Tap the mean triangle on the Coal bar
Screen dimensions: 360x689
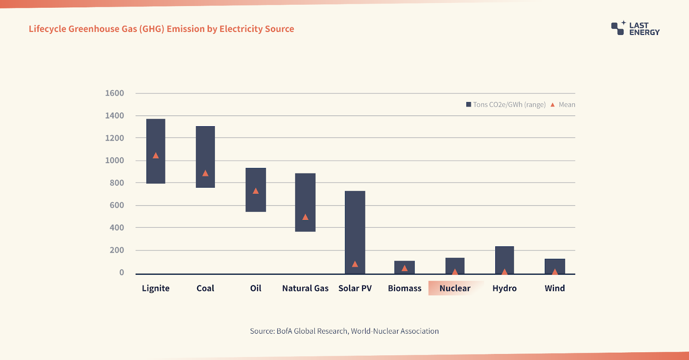point(205,173)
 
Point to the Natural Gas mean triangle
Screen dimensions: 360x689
point(305,217)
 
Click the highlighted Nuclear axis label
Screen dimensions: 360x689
point(455,288)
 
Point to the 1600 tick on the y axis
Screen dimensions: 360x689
point(115,93)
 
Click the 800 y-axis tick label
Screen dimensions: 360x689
point(117,183)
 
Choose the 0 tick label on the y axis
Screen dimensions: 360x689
point(121,272)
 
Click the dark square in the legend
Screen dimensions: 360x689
point(469,105)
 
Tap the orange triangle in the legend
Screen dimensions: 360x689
point(552,105)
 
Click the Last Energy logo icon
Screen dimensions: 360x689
point(618,28)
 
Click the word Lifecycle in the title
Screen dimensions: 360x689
point(47,29)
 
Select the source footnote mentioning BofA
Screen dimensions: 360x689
point(344,331)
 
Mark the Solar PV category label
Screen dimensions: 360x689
point(355,288)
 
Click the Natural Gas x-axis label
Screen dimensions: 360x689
point(305,288)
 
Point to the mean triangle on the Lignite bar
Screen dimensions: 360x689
point(156,155)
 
